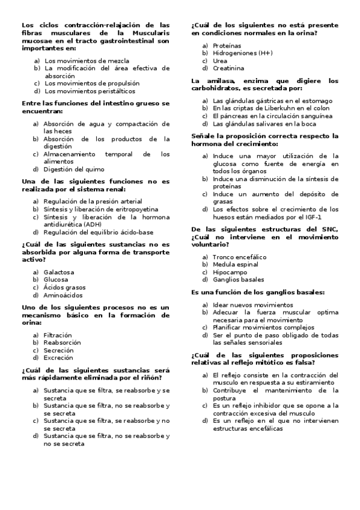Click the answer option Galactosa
58,272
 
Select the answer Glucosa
55,280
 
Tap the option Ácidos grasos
64,287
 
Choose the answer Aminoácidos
63,295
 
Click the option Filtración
57,334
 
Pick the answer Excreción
58,358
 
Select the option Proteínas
227,46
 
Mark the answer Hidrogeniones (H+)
242,54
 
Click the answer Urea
220,61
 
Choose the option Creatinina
228,69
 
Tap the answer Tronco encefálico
239,257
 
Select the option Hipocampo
230,272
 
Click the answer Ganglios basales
238,280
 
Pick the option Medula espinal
236,265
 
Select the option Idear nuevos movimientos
244,304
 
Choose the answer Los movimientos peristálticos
90,91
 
